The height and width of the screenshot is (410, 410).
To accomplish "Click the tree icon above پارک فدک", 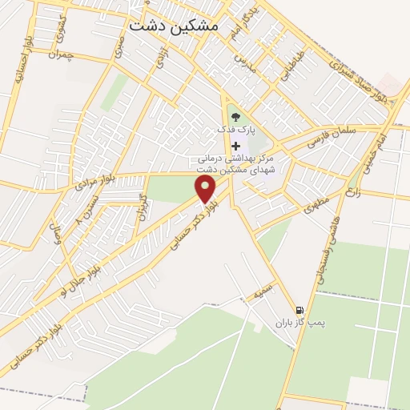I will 235,116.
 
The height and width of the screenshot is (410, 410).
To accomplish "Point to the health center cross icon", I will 235,146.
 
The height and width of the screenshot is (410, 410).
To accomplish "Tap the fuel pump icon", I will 299,310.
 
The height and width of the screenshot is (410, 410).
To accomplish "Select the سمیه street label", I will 265,291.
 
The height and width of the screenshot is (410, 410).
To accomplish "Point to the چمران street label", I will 61,53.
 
